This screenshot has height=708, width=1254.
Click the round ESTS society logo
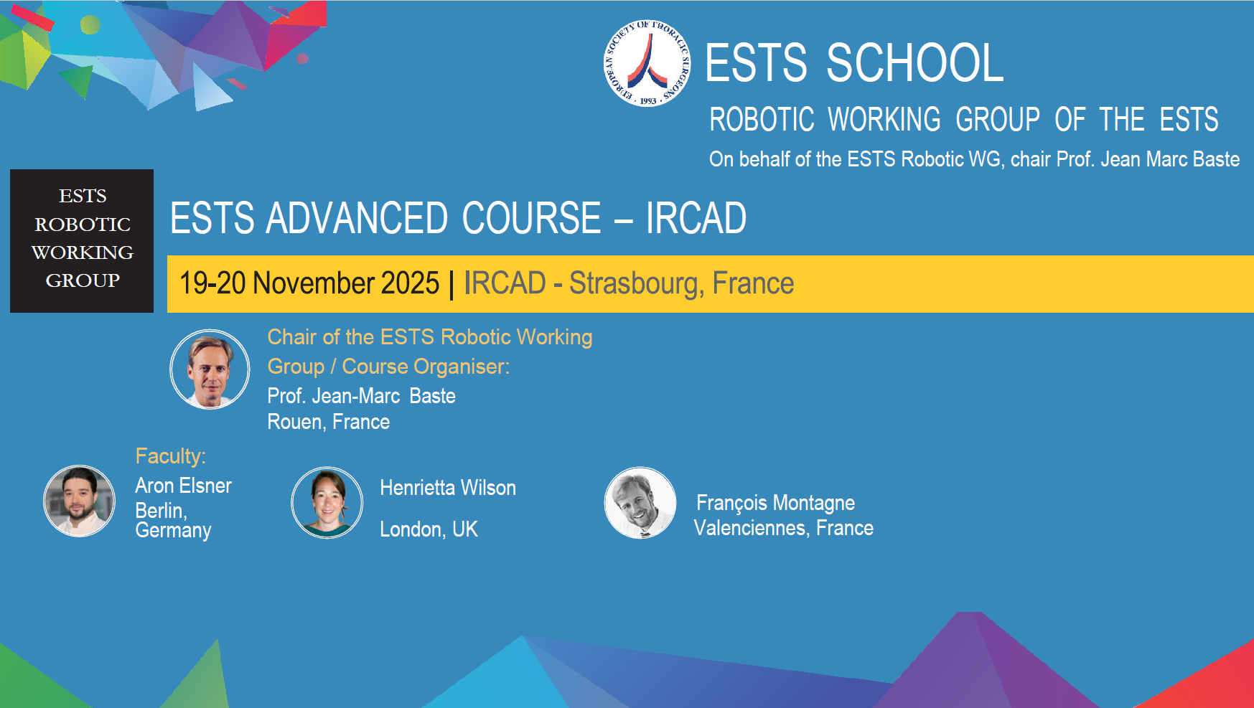(x=647, y=64)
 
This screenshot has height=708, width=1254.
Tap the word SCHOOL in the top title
(x=915, y=63)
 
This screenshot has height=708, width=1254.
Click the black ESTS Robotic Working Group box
(x=82, y=240)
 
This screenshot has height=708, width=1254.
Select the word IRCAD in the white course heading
(x=696, y=218)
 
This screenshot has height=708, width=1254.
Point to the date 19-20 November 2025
(x=309, y=283)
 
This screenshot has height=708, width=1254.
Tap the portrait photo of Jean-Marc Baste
(x=210, y=369)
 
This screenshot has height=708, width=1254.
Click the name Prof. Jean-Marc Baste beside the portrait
(x=361, y=396)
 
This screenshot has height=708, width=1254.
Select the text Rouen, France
(x=328, y=422)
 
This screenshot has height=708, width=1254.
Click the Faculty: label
(x=171, y=456)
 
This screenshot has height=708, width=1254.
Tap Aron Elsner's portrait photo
(x=79, y=501)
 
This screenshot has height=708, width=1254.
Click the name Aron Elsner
(x=183, y=486)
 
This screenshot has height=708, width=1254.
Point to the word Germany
(x=173, y=531)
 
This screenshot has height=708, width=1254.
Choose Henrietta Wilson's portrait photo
(x=327, y=502)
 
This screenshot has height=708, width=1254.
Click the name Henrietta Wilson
(x=447, y=488)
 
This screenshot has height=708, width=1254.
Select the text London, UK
(x=429, y=529)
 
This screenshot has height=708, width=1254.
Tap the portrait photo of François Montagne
(x=640, y=502)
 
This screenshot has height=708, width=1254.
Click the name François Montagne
(x=775, y=503)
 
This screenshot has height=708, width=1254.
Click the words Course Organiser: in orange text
(x=426, y=367)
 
